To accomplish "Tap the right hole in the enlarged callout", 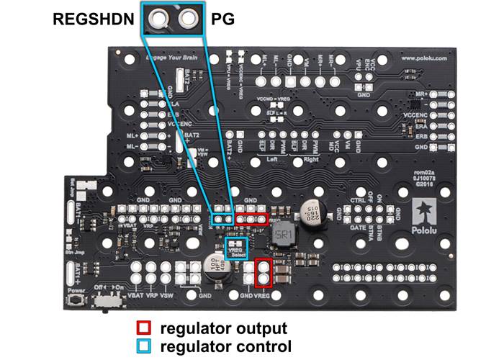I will (x=188, y=17).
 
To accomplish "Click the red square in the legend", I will (x=144, y=328).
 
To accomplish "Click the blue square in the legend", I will (x=144, y=346).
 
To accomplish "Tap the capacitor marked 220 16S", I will (x=312, y=207).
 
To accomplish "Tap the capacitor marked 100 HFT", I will (x=216, y=266).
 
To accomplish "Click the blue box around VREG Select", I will (x=236, y=248).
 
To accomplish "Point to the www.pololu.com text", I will (x=424, y=57).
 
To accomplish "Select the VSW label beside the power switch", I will (x=166, y=296).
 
